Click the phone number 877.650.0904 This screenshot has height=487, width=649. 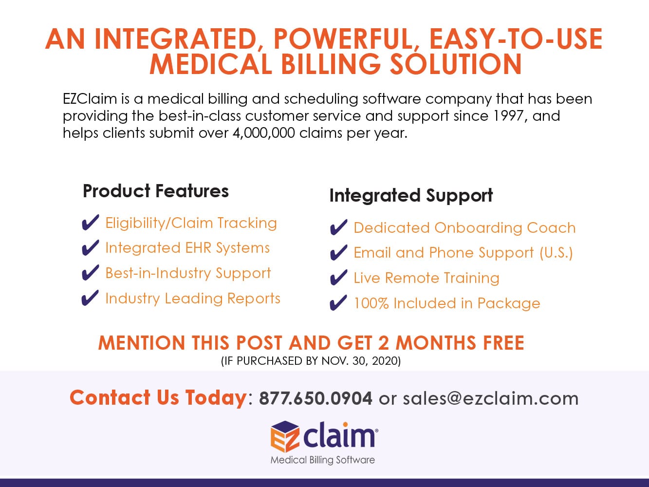click(x=315, y=398)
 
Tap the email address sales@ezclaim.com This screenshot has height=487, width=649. click(x=490, y=398)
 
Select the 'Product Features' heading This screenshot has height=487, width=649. click(x=155, y=191)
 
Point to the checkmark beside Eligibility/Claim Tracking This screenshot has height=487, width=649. click(x=90, y=223)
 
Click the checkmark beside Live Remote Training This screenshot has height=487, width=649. click(x=338, y=278)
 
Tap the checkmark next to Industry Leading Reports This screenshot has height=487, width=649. click(x=90, y=298)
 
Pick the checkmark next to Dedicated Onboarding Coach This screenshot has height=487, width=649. click(x=338, y=227)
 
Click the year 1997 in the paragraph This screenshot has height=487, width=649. click(x=510, y=115)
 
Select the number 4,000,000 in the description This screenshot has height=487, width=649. click(x=264, y=133)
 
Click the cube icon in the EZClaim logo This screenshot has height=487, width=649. click(x=285, y=436)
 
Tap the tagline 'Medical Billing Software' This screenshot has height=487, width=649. click(x=323, y=460)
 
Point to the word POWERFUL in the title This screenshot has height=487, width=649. click(x=343, y=39)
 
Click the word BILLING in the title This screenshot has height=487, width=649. click(x=331, y=64)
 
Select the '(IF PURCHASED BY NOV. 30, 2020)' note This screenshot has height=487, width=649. click(x=311, y=361)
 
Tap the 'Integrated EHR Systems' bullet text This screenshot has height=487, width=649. click(x=187, y=248)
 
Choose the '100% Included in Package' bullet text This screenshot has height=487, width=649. click(x=447, y=303)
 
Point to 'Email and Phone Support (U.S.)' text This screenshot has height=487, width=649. click(x=463, y=253)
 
